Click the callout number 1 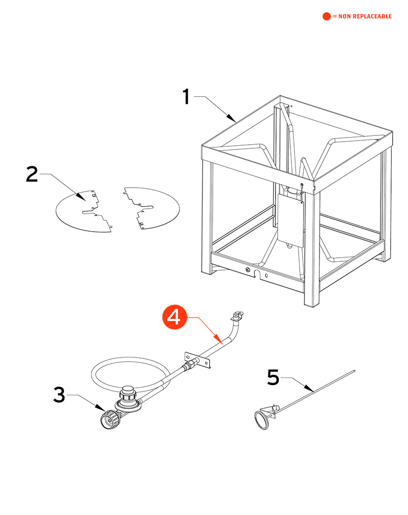pos(187,97)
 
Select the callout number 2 pos(32,174)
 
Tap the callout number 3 pos(60,395)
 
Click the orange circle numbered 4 pos(174,317)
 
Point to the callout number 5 pos(274,378)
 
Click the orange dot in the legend pos(327,16)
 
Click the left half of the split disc pos(82,210)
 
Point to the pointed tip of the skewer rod pos(354,371)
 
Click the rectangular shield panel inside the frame pos(290,219)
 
